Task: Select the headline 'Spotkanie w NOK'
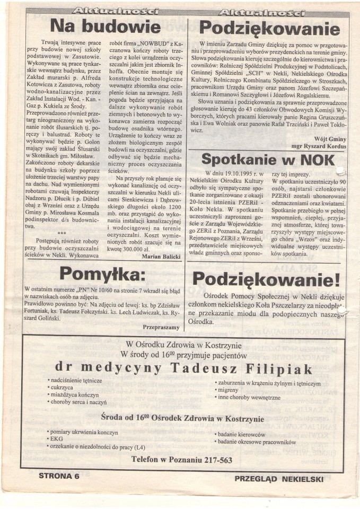pos(269,160)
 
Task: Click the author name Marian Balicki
pos(162,257)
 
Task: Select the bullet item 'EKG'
pos(56,438)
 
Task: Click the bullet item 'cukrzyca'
pos(63,388)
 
